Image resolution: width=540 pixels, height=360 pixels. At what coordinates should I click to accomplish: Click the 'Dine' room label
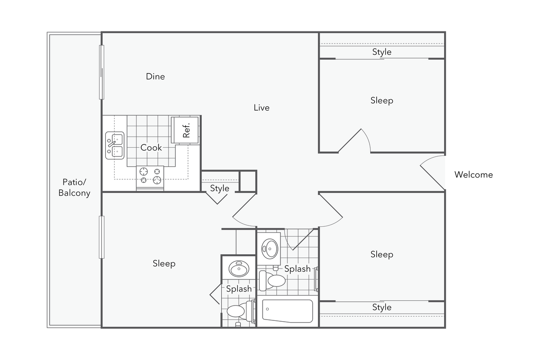(x=155, y=77)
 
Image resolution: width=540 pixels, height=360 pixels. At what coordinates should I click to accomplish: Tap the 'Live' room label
(x=261, y=108)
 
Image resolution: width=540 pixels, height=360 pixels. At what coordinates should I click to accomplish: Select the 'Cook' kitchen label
(x=151, y=148)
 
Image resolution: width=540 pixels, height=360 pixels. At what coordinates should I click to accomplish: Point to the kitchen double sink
(x=115, y=145)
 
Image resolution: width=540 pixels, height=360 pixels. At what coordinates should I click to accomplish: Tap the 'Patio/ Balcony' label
(x=74, y=188)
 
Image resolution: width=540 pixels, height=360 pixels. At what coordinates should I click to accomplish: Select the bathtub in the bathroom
(x=287, y=311)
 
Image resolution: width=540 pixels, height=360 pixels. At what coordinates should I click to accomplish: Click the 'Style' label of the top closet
(x=381, y=52)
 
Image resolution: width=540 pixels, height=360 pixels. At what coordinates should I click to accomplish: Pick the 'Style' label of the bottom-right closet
(x=381, y=307)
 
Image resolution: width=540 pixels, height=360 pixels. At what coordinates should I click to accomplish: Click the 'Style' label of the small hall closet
(x=219, y=188)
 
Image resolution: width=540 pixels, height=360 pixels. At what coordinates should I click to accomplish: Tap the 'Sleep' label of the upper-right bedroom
(x=381, y=101)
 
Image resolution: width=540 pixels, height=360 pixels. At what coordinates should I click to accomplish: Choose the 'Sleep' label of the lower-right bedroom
(x=381, y=254)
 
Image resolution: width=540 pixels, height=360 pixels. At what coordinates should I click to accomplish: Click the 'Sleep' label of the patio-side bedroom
(x=164, y=263)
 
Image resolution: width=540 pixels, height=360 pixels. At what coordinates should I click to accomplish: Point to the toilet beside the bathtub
(x=272, y=280)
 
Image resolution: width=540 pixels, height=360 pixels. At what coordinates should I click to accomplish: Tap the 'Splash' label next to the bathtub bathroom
(x=297, y=269)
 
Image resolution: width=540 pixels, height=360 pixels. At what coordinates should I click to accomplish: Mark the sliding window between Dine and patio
(x=101, y=72)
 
